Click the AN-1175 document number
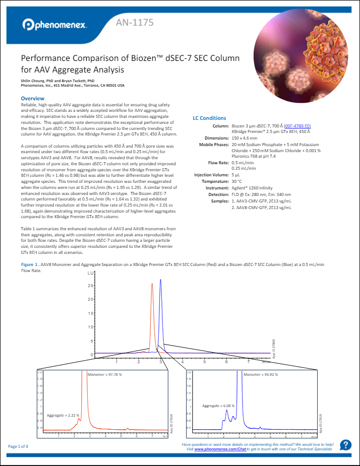point(135,23)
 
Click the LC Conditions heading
point(210,118)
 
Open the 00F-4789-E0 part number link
point(297,125)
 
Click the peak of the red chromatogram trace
point(152,284)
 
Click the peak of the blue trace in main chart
point(161,280)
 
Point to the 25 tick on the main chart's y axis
point(91,286)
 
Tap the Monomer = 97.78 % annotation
point(105,375)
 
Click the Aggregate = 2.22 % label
point(63,415)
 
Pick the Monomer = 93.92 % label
point(261,375)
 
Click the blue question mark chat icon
point(345,445)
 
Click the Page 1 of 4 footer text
point(19,446)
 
